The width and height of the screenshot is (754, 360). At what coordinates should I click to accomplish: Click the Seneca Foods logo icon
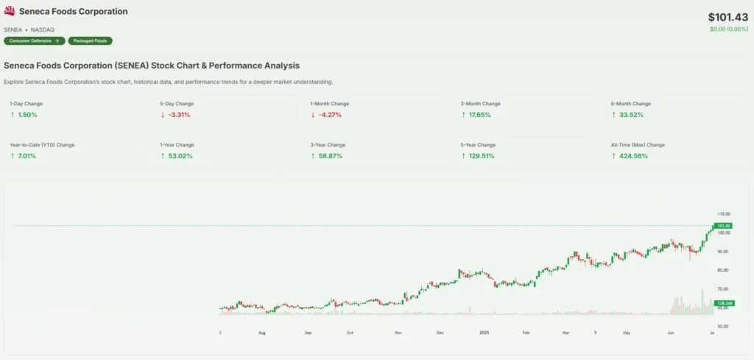(10, 12)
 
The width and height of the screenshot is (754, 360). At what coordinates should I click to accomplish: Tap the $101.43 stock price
(727, 17)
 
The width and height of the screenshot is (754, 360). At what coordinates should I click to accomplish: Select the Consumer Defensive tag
(34, 40)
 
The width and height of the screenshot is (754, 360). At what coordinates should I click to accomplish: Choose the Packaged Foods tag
(90, 40)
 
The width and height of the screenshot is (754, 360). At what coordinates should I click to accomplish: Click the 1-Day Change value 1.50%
(27, 115)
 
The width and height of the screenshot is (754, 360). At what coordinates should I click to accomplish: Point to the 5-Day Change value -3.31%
(177, 115)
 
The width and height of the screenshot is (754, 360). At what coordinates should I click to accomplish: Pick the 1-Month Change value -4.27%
(328, 115)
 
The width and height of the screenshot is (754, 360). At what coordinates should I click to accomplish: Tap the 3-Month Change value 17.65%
(479, 115)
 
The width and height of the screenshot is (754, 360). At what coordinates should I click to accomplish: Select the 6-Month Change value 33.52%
(629, 115)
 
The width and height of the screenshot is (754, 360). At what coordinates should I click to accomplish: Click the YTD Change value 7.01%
(27, 156)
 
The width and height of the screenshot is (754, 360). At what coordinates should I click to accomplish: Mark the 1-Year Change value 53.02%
(177, 156)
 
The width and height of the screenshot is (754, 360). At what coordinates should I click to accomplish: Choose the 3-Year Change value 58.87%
(328, 156)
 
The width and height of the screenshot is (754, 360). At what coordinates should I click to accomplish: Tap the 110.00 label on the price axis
(724, 213)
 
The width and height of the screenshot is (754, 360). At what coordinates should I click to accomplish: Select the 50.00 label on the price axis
(722, 326)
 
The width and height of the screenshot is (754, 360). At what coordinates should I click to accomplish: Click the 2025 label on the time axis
(484, 333)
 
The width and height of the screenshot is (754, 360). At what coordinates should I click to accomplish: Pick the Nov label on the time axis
(398, 333)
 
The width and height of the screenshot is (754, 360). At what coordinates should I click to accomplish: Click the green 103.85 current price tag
(723, 225)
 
